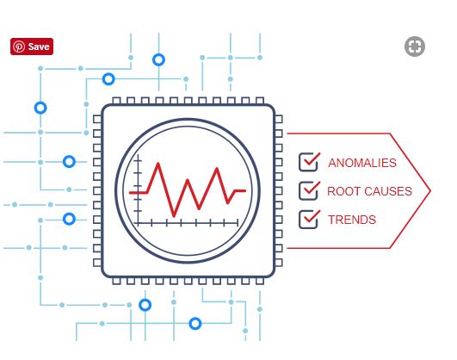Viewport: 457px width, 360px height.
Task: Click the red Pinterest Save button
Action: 32,47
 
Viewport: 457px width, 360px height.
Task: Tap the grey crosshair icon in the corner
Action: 415,47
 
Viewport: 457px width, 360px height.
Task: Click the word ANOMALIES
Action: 362,163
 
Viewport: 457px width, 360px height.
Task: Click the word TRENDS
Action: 352,220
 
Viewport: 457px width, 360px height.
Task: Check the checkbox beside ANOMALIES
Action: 308,162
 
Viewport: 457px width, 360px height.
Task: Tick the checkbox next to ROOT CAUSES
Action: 308,190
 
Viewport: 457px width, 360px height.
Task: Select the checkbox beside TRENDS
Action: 308,219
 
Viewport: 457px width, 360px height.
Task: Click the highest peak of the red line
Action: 158,164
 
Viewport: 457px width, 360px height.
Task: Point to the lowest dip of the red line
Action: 174,216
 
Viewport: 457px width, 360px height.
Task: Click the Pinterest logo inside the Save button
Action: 19,47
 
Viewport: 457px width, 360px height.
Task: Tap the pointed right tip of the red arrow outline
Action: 430,191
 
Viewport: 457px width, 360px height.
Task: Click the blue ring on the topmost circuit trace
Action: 158,59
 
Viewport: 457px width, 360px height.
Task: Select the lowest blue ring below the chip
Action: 195,324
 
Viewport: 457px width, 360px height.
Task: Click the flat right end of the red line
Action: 245,191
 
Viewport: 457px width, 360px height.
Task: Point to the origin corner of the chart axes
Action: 139,223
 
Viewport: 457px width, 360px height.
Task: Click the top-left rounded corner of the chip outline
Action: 105,108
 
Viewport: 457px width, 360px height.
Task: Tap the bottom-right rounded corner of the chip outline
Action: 271,273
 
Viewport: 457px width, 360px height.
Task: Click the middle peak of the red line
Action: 188,180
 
